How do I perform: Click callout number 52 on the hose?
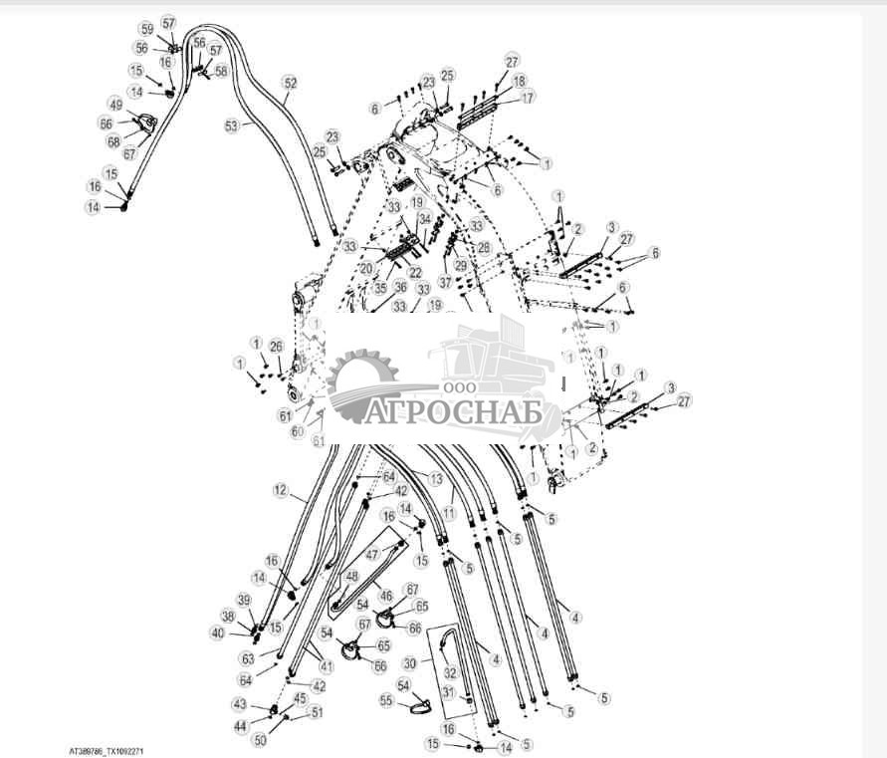(x=290, y=84)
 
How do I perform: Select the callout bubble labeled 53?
(x=232, y=126)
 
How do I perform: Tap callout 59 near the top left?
(x=146, y=29)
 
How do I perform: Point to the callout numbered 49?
(x=115, y=105)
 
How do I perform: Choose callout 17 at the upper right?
(x=528, y=98)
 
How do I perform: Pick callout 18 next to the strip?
(x=520, y=80)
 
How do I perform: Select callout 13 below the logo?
(x=435, y=479)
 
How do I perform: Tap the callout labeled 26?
(x=277, y=347)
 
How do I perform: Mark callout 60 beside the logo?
(x=298, y=431)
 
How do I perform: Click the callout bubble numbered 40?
(x=217, y=632)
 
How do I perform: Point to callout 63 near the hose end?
(x=248, y=658)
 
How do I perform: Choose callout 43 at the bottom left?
(x=239, y=704)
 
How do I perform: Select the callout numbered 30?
(x=410, y=663)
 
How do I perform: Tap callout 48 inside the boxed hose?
(x=351, y=576)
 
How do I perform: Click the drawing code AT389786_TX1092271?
(x=112, y=751)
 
